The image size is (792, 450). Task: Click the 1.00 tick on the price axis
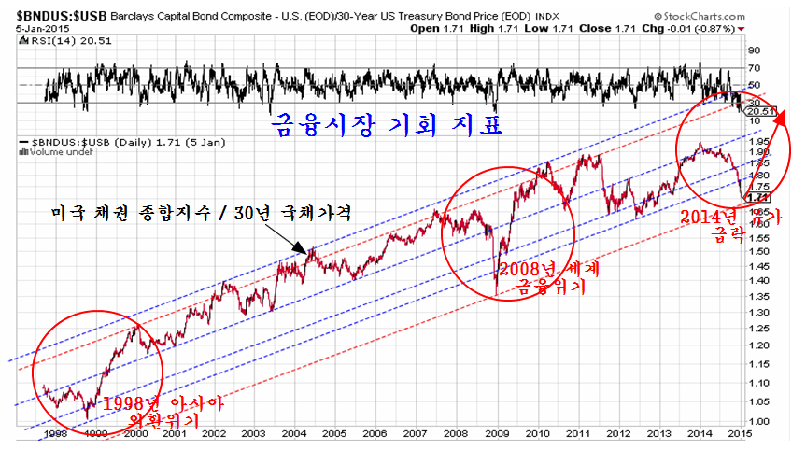[x=761, y=422]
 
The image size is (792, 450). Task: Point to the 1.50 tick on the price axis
[x=761, y=252]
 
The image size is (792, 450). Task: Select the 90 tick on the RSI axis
[x=755, y=50]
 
